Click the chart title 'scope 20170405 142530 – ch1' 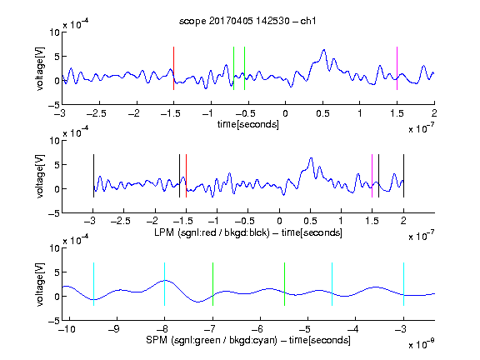(x=247, y=21)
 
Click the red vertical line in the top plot (x=173, y=68)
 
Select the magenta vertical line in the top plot (x=397, y=68)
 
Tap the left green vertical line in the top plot (x=233, y=68)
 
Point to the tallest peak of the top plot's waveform (x=323, y=50)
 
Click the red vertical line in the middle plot (x=186, y=176)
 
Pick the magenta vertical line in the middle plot (x=372, y=176)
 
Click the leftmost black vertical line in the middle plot (x=93, y=176)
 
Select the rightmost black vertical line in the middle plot (x=403, y=176)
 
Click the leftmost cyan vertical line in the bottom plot (x=93, y=284)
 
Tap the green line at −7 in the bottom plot (x=212, y=284)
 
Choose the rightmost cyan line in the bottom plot (x=403, y=284)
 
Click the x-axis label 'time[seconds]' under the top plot (x=248, y=124)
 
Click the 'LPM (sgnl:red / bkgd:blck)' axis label (x=212, y=232)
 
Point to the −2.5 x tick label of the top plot (x=97, y=113)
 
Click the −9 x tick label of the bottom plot (x=114, y=329)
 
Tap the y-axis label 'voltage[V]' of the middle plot (x=40, y=177)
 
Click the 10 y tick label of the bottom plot (x=55, y=248)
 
